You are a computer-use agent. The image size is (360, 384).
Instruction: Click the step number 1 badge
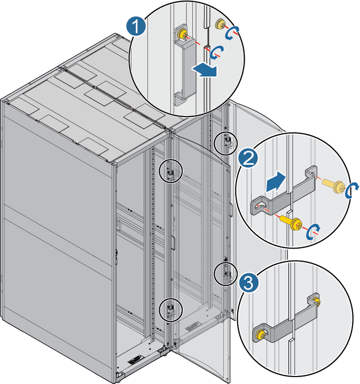coord(137,26)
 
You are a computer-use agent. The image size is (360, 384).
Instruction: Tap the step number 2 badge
coord(247,158)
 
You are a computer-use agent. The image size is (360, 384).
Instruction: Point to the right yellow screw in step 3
coord(317,302)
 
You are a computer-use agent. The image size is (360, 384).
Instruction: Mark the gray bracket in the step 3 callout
coord(288,321)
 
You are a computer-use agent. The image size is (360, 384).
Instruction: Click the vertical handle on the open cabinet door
coord(173,241)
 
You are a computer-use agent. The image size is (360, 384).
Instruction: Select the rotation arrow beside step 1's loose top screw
coord(231,34)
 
